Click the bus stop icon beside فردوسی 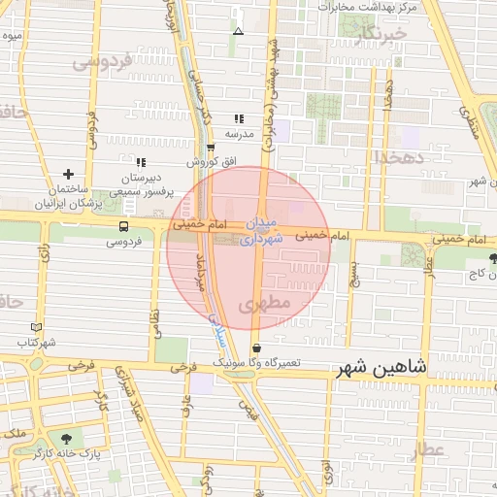[123, 226]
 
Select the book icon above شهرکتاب [37, 328]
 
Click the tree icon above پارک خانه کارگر [65, 439]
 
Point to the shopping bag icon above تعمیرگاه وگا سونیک [255, 348]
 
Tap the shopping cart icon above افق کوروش [211, 148]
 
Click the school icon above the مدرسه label [239, 118]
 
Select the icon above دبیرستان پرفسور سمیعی [141, 163]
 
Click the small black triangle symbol [239, 31]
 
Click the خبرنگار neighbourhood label [377, 37]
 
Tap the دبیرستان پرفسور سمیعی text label [140, 186]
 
